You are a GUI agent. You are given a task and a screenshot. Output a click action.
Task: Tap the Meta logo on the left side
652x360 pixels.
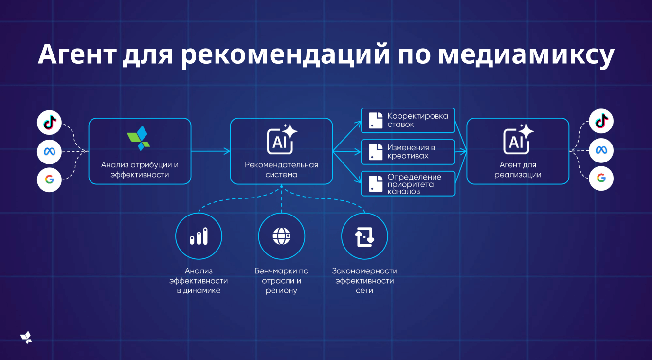50,151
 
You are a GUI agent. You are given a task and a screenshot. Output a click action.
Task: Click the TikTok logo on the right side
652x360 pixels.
601,121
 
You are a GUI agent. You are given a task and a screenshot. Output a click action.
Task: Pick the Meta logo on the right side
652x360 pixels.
601,150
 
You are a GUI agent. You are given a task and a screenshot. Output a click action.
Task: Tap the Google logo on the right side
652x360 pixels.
601,179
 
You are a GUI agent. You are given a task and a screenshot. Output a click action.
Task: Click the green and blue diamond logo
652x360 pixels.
139,138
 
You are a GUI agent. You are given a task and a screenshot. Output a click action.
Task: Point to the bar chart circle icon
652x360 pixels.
199,236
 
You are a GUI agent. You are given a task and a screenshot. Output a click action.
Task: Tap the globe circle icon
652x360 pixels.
282,236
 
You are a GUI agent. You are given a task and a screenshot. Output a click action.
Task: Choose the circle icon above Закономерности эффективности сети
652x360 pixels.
365,236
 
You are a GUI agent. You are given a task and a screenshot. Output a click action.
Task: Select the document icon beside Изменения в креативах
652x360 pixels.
376,152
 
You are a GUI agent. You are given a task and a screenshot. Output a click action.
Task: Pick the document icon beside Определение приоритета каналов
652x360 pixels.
376,183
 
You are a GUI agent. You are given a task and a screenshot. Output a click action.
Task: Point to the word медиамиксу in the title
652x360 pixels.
526,54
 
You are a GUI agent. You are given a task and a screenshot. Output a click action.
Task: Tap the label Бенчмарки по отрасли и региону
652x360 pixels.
282,281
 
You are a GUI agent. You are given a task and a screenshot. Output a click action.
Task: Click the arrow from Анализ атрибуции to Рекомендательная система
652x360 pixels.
211,152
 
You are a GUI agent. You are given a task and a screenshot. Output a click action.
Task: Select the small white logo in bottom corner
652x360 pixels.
26,338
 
